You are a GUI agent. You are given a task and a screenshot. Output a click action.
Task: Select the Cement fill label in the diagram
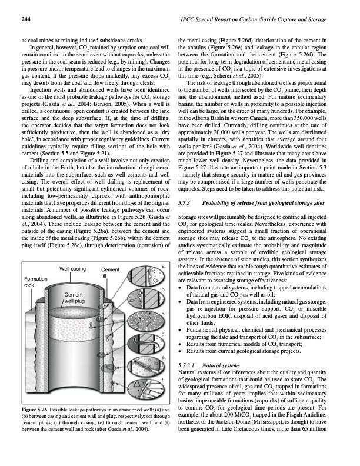point(110,272)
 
